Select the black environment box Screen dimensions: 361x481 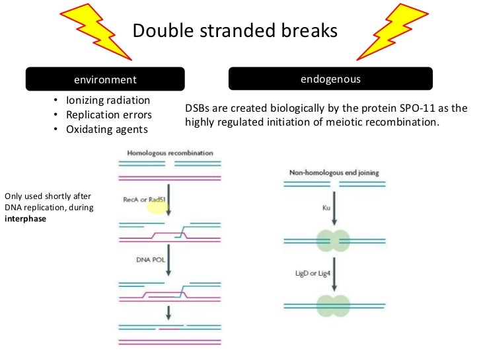click(x=105, y=79)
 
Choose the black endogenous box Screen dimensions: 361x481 click(x=330, y=79)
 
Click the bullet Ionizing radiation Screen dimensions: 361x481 click(x=108, y=100)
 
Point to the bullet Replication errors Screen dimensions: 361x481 click(x=109, y=114)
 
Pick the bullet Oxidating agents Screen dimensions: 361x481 click(x=106, y=129)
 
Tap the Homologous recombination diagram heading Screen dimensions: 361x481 click(x=170, y=153)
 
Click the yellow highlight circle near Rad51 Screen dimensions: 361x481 click(x=159, y=208)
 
